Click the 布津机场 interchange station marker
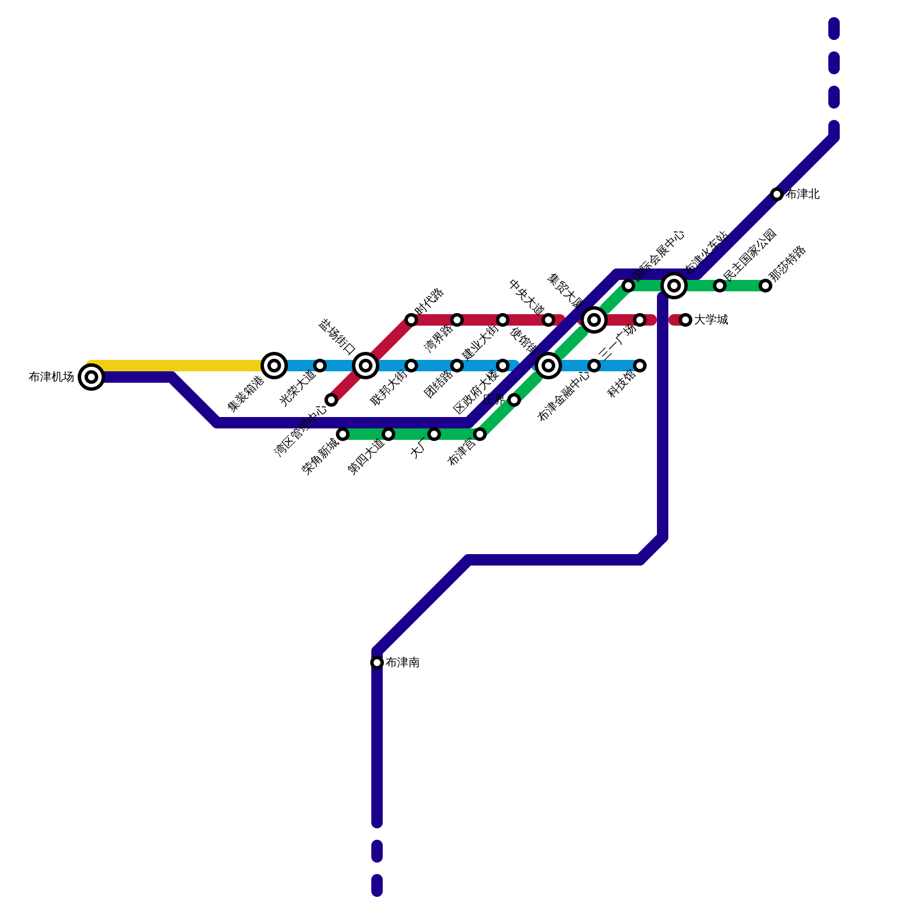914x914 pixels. click(x=91, y=377)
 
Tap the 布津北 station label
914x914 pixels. click(x=803, y=194)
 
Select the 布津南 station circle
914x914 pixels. click(x=377, y=663)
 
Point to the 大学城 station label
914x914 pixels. click(x=711, y=320)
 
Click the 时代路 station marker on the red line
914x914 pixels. click(x=411, y=320)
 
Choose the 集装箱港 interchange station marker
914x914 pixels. click(x=274, y=366)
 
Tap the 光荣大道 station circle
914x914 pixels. click(x=320, y=366)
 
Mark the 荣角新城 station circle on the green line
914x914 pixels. click(x=343, y=434)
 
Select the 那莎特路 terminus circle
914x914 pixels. click(x=765, y=286)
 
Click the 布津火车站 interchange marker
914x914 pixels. click(x=674, y=285)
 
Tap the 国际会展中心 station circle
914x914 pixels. click(x=628, y=286)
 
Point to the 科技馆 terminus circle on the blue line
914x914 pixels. click(x=640, y=366)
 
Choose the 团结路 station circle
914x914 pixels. click(x=457, y=366)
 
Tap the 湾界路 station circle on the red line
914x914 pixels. click(x=457, y=320)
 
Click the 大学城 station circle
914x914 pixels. click(x=685, y=320)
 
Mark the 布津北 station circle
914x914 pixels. click(x=777, y=194)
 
